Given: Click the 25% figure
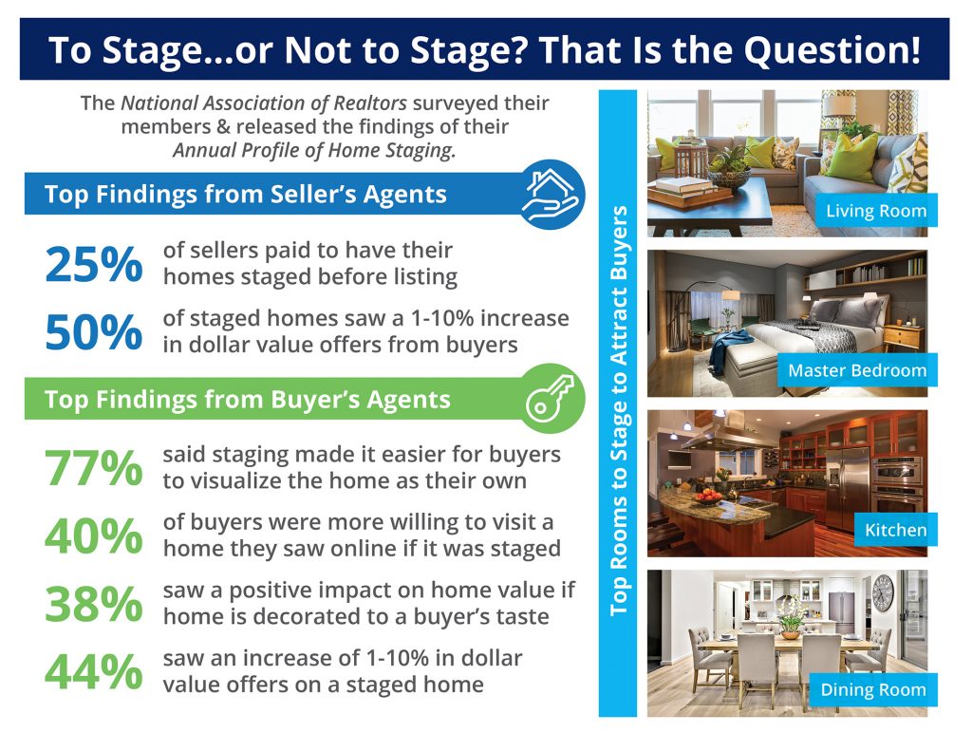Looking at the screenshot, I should tap(93, 264).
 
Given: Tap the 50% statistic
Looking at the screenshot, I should tap(93, 331).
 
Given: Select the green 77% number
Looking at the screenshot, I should tap(93, 467).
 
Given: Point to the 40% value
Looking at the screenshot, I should tap(93, 536).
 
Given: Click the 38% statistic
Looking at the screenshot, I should tap(93, 604).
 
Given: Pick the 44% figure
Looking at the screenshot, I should tap(93, 672).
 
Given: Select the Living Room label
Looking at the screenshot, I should tap(875, 211).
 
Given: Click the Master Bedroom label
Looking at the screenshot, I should tap(856, 370).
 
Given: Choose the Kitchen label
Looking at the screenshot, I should tap(894, 530).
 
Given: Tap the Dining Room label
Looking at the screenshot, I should tap(872, 689).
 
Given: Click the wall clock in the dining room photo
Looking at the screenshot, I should tap(882, 592).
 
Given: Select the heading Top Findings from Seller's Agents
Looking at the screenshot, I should tap(245, 195).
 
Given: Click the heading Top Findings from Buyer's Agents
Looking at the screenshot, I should tap(247, 399).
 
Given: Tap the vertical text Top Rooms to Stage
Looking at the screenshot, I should tap(619, 408).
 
